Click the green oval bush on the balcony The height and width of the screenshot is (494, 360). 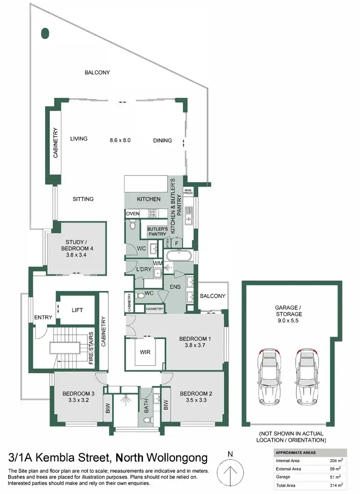[x=46, y=33]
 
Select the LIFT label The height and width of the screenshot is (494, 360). [x=77, y=310]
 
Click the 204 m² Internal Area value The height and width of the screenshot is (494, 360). [x=337, y=460]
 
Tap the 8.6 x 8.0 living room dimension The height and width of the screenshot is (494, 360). [x=120, y=140]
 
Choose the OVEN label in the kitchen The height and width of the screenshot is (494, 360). [x=132, y=213]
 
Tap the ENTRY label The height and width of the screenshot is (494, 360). [x=43, y=317]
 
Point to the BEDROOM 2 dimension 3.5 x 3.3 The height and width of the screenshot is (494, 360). [x=193, y=400]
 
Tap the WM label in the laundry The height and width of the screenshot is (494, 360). [x=157, y=263]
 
